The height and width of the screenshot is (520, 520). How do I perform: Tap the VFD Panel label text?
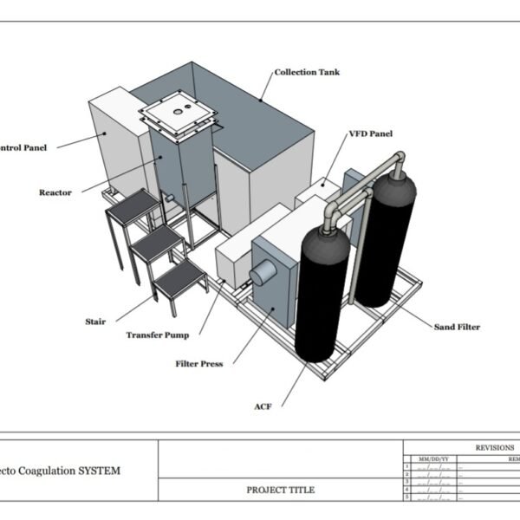pyautogui.click(x=370, y=134)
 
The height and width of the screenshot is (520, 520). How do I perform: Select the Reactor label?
pyautogui.click(x=55, y=192)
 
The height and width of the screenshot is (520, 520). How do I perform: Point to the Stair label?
pyautogui.click(x=95, y=322)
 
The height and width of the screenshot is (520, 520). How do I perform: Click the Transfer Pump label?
pyautogui.click(x=158, y=335)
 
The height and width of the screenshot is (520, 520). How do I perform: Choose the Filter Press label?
pyautogui.click(x=199, y=364)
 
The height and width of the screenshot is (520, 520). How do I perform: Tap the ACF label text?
pyautogui.click(x=263, y=406)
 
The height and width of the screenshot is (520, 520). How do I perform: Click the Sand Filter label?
pyautogui.click(x=457, y=327)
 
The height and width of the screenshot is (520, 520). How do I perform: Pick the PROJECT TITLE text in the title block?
pyautogui.click(x=281, y=490)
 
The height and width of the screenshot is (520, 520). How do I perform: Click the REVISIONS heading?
pyautogui.click(x=494, y=447)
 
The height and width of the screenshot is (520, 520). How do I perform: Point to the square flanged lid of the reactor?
pyautogui.click(x=178, y=116)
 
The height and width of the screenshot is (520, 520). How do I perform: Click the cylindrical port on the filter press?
pyautogui.click(x=261, y=276)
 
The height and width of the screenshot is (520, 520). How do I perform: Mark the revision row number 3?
pyautogui.click(x=407, y=483)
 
